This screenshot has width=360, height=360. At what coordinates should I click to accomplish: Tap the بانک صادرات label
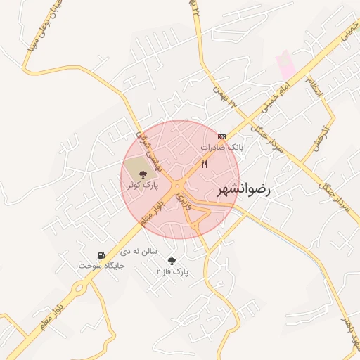221,148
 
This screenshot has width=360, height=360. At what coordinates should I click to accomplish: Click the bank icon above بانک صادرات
221,136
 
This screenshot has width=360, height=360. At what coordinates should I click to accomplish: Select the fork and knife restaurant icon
204,164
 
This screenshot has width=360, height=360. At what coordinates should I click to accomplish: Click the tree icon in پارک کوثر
142,173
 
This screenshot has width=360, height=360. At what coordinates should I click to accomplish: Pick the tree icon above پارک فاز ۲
172,260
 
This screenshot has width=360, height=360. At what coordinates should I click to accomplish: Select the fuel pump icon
102,255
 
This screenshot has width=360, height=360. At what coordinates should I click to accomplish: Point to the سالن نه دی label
139,250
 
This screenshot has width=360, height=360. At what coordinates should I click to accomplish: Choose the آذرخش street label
314,134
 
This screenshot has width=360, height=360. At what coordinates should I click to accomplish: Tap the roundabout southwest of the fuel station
79,287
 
